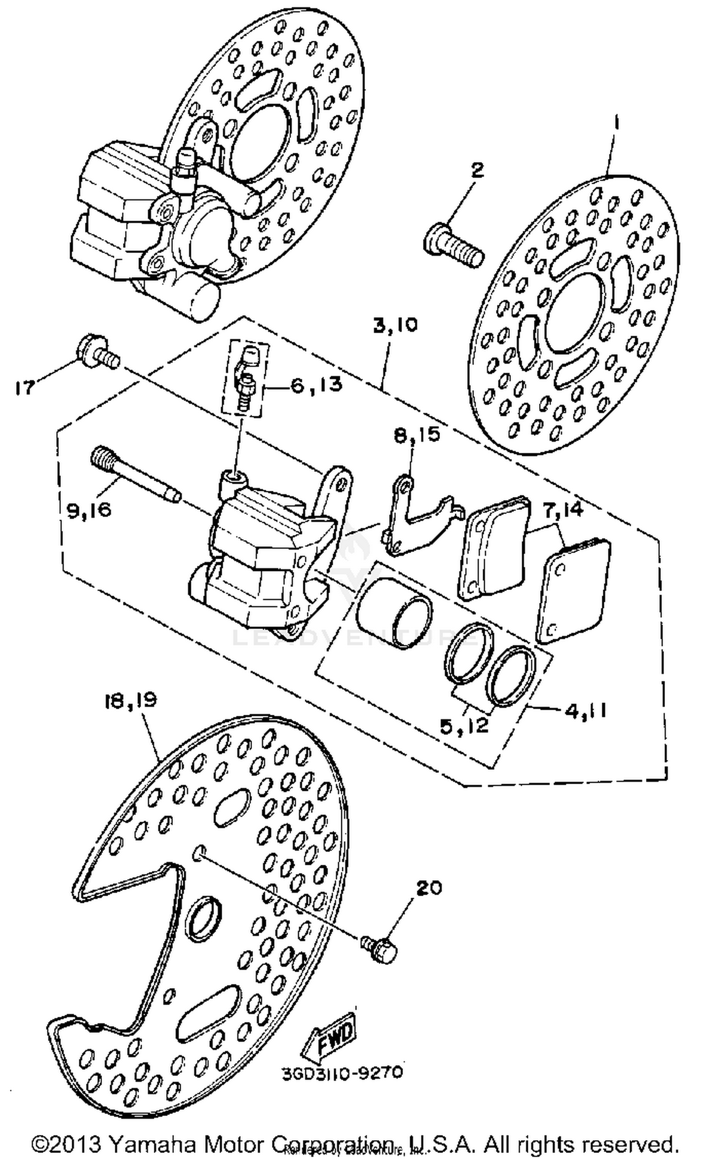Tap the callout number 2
pos(476,169)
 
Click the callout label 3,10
pos(395,326)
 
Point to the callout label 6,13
pos(316,384)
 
